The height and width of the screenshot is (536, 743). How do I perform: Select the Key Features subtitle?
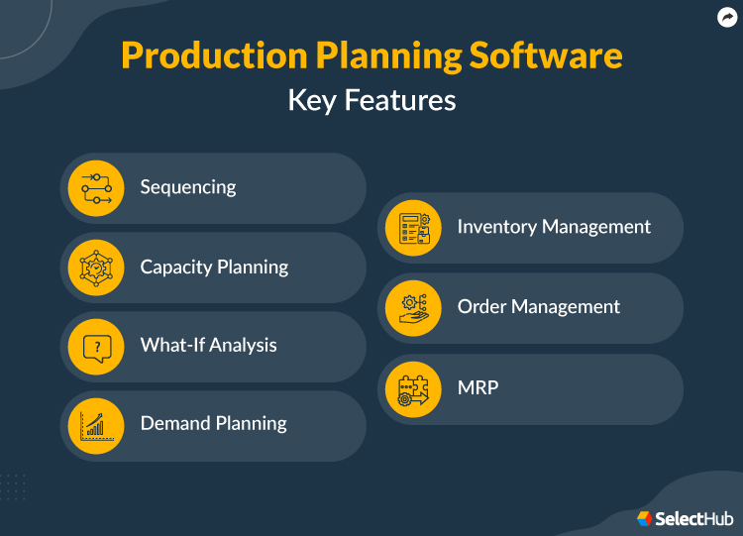pos(371,100)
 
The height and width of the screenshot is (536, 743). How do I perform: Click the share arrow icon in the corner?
pos(725,17)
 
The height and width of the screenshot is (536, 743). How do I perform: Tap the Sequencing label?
pos(188,187)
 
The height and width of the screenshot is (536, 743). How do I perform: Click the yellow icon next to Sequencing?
pos(96,187)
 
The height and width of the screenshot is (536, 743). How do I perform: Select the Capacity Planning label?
pos(214,267)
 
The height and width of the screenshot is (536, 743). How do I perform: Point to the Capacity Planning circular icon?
pos(96,267)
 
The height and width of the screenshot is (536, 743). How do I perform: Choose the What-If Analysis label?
pos(208,345)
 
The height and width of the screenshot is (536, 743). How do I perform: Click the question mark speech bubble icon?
pos(96,346)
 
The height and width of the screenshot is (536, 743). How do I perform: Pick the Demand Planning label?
pos(213,423)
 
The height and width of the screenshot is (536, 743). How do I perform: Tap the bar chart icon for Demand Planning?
pos(96,424)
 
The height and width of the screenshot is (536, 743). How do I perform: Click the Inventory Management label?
pos(554,227)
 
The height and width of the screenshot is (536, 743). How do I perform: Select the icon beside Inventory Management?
pos(413,228)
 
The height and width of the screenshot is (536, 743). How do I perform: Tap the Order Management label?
pos(538,307)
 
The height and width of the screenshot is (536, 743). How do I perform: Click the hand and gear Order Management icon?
pos(413,307)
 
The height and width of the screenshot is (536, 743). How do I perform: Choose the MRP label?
pos(478,387)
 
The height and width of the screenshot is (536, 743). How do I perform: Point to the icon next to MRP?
pos(413,388)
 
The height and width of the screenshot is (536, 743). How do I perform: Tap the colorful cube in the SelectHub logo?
pos(645,518)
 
